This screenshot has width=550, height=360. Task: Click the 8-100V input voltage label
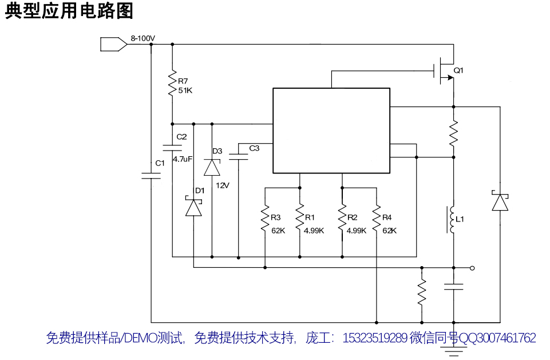point(143,38)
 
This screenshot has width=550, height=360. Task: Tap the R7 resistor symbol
point(172,84)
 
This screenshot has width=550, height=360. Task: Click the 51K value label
point(185,91)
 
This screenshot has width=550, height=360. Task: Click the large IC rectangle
point(331,130)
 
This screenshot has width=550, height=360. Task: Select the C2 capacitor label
point(181,137)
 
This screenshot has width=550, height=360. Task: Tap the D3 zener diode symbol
point(212,167)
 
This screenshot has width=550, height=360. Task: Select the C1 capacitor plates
point(151,176)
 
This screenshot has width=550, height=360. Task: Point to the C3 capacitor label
point(254,148)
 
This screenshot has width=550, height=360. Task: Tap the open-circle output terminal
point(472,267)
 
